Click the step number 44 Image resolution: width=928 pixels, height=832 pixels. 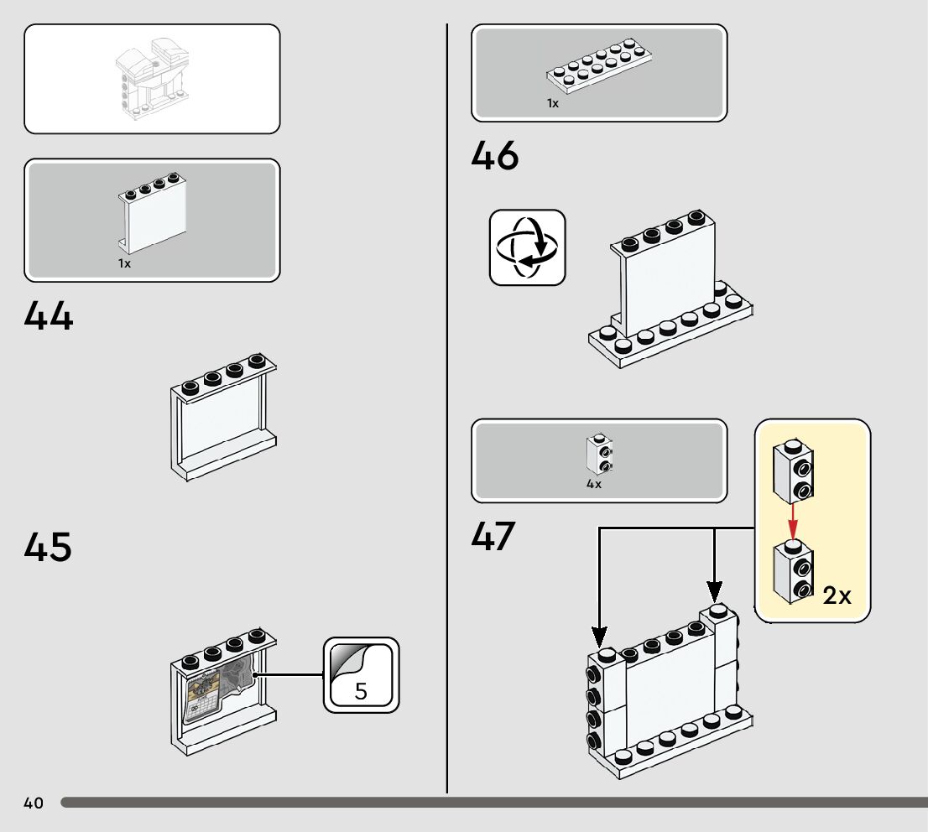pyautogui.click(x=49, y=317)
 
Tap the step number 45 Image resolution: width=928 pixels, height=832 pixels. pyautogui.click(x=49, y=548)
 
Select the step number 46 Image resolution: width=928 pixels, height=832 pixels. pyautogui.click(x=495, y=157)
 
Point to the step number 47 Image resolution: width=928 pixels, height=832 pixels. pyautogui.click(x=493, y=537)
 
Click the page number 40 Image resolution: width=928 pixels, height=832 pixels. pyautogui.click(x=34, y=803)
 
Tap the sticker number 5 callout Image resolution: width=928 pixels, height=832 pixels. pyautogui.click(x=362, y=676)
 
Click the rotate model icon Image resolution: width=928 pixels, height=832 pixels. pyautogui.click(x=528, y=247)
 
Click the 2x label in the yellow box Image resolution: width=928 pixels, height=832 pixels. pyautogui.click(x=837, y=595)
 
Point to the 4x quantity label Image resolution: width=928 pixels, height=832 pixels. pyautogui.click(x=594, y=484)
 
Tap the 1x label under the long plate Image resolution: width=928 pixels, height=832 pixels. pyautogui.click(x=553, y=103)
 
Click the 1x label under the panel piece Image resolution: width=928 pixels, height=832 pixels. pyautogui.click(x=124, y=263)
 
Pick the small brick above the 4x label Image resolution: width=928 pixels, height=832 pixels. pyautogui.click(x=597, y=453)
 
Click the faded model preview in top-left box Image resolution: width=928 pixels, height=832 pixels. pyautogui.click(x=152, y=80)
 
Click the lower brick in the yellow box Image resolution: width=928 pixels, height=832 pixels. pyautogui.click(x=794, y=570)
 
